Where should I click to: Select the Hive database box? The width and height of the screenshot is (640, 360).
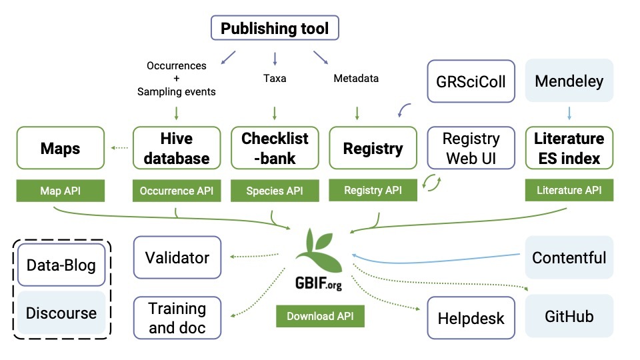[177, 149]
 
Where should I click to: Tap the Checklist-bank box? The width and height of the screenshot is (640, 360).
[275, 149]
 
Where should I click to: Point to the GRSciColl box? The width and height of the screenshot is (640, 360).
[471, 81]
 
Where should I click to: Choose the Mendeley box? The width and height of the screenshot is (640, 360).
[569, 81]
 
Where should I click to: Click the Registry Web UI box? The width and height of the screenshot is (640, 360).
[471, 149]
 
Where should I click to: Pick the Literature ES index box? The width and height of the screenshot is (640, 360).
[569, 149]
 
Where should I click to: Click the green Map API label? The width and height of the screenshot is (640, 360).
[61, 191]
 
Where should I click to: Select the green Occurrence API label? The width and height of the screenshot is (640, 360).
[177, 191]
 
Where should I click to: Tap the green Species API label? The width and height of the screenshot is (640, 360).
[275, 191]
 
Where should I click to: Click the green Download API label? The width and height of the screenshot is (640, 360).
[320, 316]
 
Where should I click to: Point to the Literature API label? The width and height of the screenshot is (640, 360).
[569, 191]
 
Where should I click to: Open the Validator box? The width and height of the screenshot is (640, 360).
[177, 257]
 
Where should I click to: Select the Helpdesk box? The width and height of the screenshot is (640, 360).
[471, 318]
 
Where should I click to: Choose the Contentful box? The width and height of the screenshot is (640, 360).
[569, 257]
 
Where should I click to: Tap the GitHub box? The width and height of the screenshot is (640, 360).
[569, 316]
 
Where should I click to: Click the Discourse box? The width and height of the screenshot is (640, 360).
[61, 313]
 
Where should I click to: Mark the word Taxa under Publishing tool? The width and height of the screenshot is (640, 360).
[275, 79]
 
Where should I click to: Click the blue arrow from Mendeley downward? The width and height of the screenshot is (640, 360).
[569, 113]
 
